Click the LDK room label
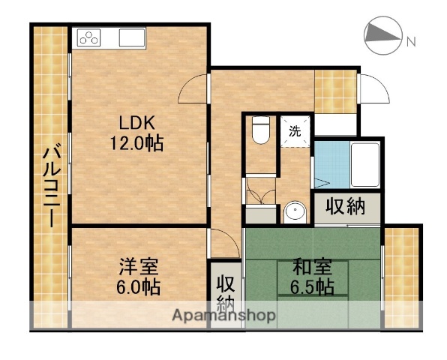136,123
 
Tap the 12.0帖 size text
136,143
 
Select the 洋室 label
138,267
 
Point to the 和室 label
312,266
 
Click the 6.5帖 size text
312,286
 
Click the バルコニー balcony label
52,187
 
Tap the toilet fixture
261,130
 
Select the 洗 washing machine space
295,131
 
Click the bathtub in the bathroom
365,165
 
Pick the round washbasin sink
295,212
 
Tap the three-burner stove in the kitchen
88,37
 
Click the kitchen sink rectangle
132,37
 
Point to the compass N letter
411,42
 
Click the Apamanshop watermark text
224,316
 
